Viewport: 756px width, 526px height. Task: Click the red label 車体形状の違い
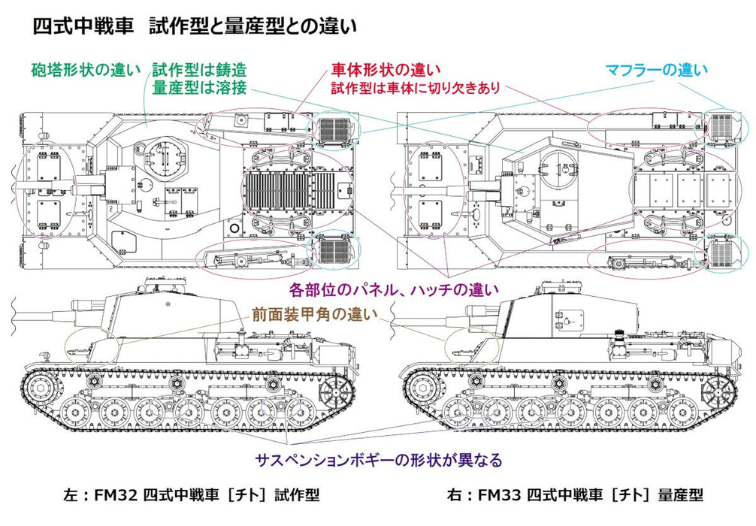381,70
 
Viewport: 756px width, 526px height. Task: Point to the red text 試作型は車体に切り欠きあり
415,88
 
